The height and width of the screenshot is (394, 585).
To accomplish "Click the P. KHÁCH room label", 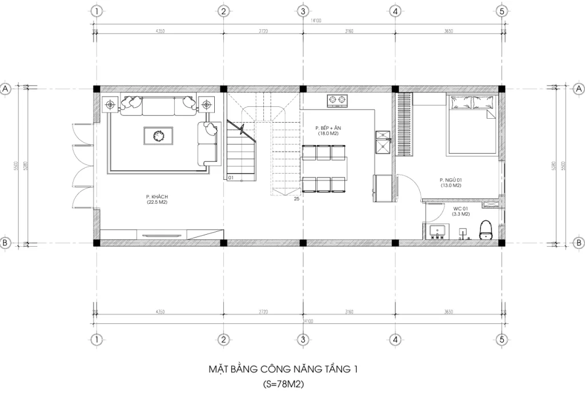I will click(156, 199).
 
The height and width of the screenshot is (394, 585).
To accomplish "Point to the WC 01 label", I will click(461, 211).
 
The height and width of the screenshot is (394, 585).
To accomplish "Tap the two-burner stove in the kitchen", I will click(338, 102).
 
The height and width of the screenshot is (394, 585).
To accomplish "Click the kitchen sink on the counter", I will click(382, 143).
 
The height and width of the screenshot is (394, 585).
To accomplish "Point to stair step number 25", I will click(296, 199).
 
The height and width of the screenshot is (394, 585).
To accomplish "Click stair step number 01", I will click(231, 178).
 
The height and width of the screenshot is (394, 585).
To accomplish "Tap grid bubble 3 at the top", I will click(303, 11).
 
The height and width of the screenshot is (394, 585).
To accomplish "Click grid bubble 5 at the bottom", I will click(502, 339).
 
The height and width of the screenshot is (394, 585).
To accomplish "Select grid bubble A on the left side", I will click(6, 89).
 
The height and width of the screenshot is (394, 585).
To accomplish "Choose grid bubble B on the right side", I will click(579, 243).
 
